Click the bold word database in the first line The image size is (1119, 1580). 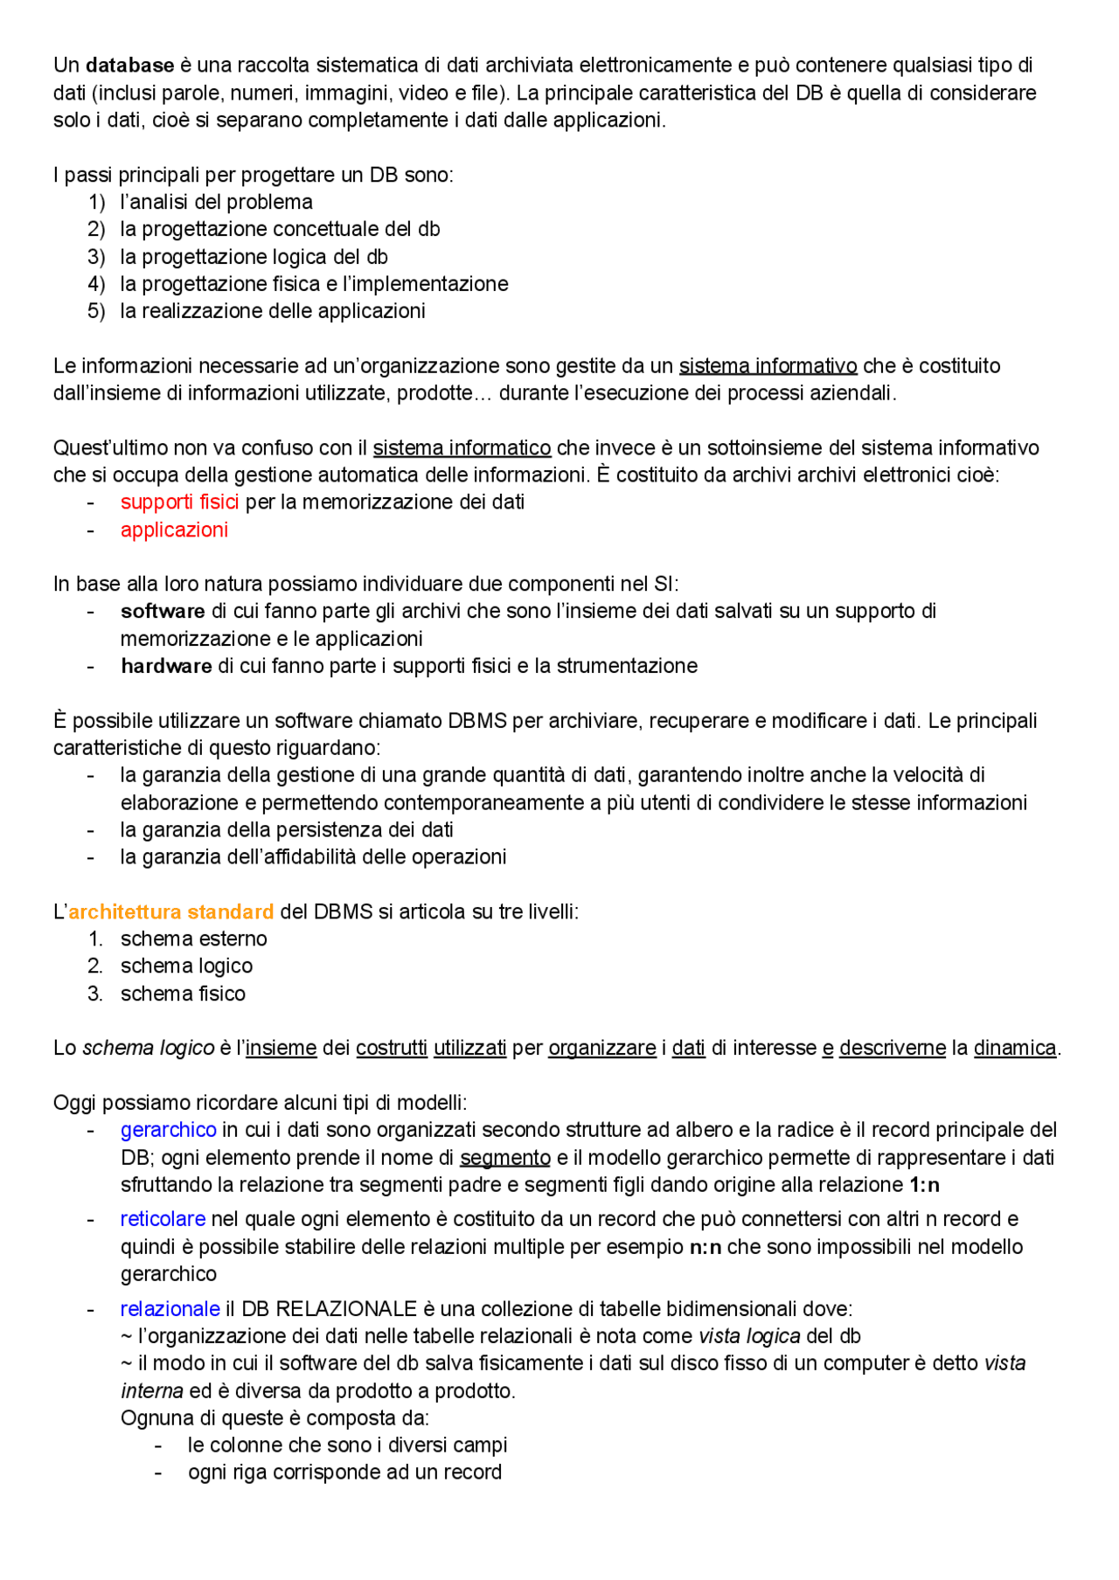coord(129,66)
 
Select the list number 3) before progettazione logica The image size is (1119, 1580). coord(96,257)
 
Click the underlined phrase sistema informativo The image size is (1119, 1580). coord(768,366)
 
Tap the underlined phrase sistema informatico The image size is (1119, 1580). coord(462,448)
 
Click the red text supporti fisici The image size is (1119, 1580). coord(179,502)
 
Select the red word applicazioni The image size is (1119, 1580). coord(174,530)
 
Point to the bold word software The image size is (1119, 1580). coord(163,612)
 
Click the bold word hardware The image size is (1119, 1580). coord(166,667)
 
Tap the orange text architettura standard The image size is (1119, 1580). coord(171,912)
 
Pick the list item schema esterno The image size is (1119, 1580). coord(193,939)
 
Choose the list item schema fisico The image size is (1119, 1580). coord(183,994)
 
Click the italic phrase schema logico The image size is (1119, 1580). coord(148,1049)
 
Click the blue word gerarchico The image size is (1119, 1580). coord(168,1131)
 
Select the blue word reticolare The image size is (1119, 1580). coord(163,1220)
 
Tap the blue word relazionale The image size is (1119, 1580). coord(170,1310)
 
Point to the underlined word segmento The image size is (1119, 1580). coord(504,1159)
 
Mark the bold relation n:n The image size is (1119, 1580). coord(705,1248)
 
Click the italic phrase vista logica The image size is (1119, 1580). coord(749,1337)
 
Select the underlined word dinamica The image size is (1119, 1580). coord(1014,1049)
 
